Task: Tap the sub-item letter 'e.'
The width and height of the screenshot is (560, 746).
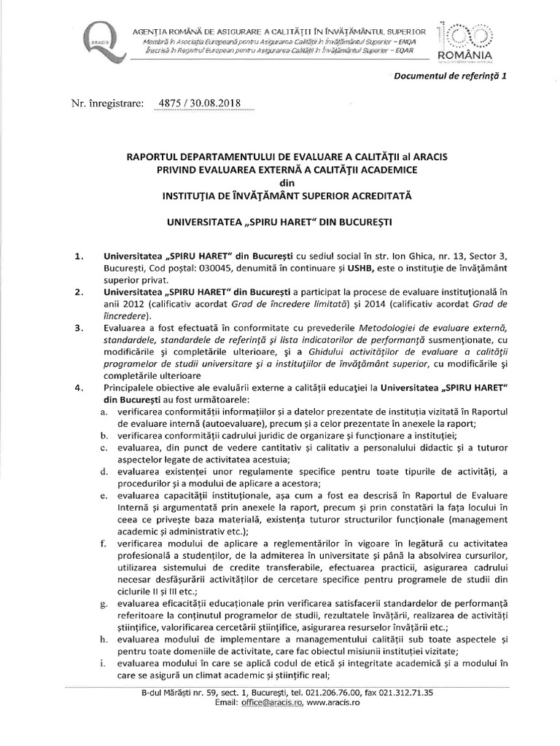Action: tap(106, 495)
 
